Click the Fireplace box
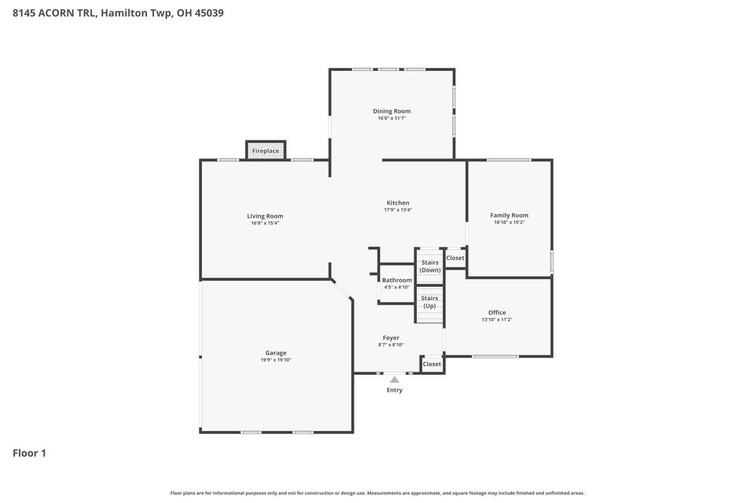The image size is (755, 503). [266, 150]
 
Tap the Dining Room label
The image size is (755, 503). [392, 111]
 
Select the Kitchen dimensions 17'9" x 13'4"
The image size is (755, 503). [398, 210]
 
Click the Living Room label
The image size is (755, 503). [265, 216]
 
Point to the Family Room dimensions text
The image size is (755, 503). [509, 222]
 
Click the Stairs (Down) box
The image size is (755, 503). [430, 267]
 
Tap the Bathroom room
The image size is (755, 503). [397, 284]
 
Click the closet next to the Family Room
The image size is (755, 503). [455, 258]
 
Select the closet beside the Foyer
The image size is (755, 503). [432, 364]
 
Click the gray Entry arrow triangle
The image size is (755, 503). [395, 380]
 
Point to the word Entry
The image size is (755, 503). [395, 390]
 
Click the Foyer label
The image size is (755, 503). [391, 338]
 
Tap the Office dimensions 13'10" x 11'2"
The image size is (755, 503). [497, 319]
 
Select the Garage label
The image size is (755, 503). [276, 353]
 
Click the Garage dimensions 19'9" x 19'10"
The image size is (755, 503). [276, 360]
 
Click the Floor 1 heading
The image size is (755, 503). [29, 453]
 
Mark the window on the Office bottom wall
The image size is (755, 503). [495, 357]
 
